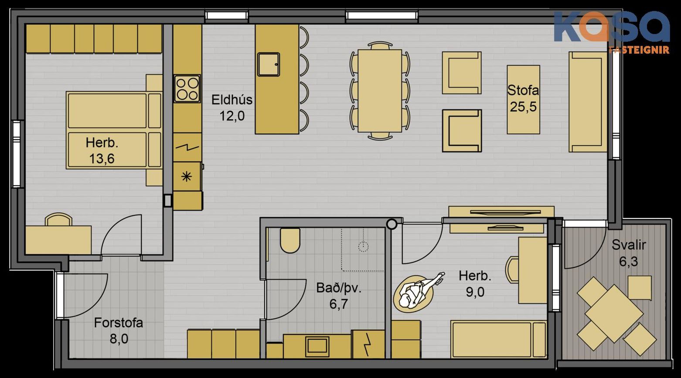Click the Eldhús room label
pos(232,100)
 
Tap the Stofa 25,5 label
pos(523,99)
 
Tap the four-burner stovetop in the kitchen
pos(187,89)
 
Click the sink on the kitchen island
pos(269,64)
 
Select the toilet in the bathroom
pos(290,241)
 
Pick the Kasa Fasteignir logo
pos(612,32)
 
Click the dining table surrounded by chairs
pos(380,91)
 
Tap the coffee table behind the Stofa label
pos(523,99)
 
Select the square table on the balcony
pos(614,313)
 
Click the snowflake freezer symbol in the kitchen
pos(186,177)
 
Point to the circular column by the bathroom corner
pos(392,224)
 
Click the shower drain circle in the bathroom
pos(363,246)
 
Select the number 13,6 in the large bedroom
pos(102,159)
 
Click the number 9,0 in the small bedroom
pos(475,292)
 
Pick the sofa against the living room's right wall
pos(588,102)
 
